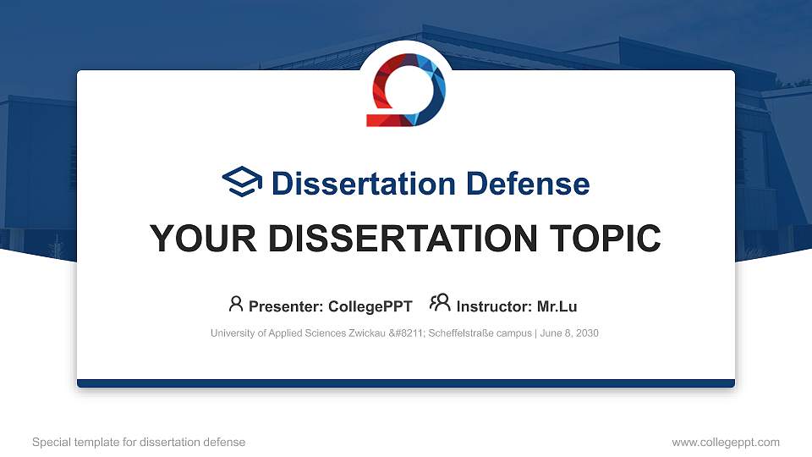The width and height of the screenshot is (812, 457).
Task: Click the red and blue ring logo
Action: [406, 90]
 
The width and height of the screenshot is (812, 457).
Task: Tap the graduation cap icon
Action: [242, 182]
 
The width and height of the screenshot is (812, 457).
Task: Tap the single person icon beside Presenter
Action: [236, 304]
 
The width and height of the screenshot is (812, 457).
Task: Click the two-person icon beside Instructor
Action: [440, 304]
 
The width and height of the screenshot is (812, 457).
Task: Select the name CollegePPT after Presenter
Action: [370, 306]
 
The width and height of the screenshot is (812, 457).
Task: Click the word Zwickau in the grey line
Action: [365, 333]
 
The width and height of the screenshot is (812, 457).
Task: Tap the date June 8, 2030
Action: [568, 333]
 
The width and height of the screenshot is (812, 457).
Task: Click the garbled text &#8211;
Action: [408, 333]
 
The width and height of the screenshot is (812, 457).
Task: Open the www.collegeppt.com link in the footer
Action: [726, 442]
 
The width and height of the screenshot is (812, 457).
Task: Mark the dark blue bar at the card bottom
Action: [406, 383]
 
